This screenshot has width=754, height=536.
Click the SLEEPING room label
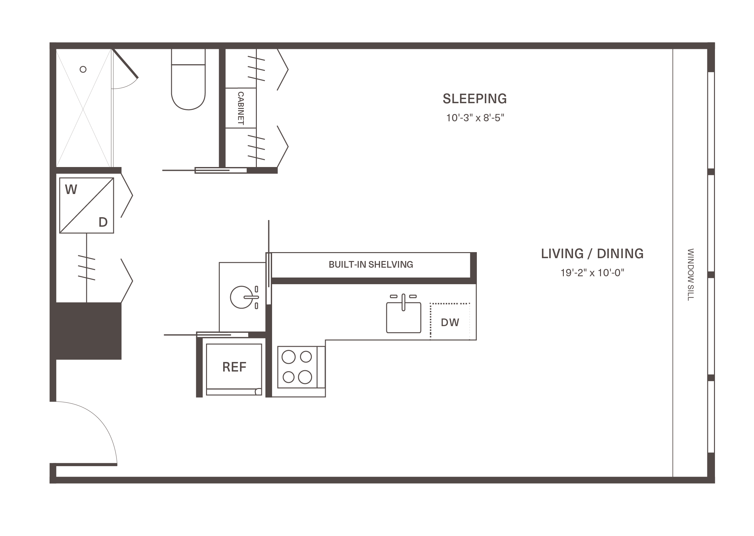475,99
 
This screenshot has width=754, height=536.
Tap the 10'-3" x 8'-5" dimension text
475,118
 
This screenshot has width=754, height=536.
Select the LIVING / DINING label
592,253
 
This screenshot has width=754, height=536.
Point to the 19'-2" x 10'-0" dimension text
592,273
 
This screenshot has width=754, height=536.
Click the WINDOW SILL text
690,275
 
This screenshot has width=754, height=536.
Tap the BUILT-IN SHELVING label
370,265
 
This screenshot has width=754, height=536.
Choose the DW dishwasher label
450,323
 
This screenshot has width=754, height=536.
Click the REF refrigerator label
234,367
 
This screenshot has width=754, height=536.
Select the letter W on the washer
71,190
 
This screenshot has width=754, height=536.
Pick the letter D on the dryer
103,222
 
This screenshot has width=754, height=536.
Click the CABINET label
241,108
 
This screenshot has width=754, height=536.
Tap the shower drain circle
83,69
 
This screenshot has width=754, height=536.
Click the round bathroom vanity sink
241,298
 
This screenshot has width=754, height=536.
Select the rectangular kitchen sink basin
404,318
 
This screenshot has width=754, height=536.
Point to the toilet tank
188,57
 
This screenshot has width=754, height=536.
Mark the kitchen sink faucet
403,302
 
